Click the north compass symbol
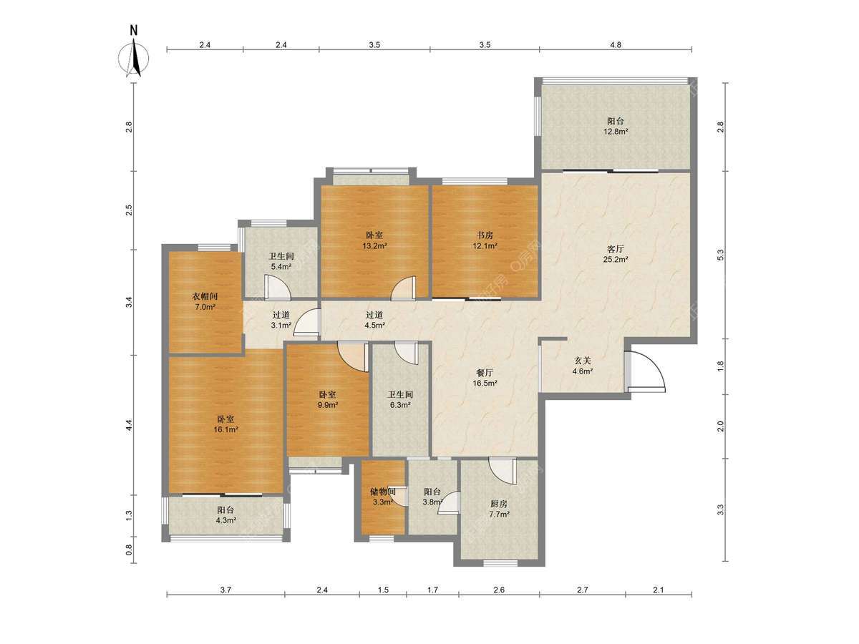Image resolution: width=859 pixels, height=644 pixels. tap(134, 55)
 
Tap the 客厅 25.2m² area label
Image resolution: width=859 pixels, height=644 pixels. tap(615, 254)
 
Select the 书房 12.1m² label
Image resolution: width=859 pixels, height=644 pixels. tap(485, 240)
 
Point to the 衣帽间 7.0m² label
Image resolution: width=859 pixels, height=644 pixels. tap(205, 301)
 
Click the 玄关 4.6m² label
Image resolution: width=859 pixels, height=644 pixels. tap(582, 366)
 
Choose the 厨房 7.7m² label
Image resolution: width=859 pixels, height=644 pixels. tap(498, 509)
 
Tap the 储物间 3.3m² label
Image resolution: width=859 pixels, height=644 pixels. tap(383, 497)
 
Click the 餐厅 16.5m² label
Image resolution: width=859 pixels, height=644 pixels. tap(485, 378)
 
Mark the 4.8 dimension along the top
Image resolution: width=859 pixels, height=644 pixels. tap(616, 44)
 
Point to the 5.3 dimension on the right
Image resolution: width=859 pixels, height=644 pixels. tap(720, 255)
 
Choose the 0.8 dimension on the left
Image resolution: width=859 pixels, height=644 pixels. tap(129, 550)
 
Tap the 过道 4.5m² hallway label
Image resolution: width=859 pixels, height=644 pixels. tap(374, 319)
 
